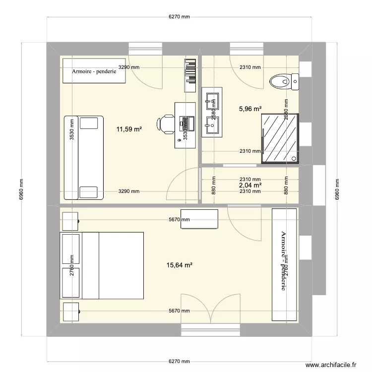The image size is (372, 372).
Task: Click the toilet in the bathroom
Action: pos(284,80)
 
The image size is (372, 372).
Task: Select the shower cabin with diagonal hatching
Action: pos(280,137)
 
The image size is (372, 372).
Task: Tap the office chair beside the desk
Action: pos(166,122)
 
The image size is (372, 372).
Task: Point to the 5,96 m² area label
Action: pos(250,109)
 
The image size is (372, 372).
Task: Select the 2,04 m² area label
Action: pos(250,185)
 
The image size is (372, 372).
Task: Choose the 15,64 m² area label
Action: pos(180,265)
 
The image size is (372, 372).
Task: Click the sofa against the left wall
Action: pos(83,157)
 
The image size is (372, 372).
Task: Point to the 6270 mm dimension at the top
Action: pos(179,16)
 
